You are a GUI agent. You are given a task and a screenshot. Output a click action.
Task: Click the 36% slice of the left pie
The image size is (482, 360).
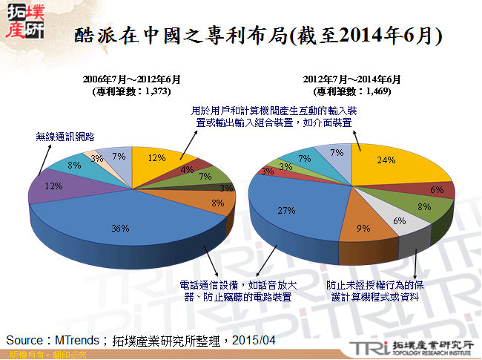tap(119, 223)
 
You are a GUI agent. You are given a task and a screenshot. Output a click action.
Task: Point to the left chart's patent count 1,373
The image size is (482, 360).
tap(132, 91)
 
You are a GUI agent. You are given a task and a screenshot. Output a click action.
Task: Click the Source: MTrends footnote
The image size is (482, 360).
tap(141, 339)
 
